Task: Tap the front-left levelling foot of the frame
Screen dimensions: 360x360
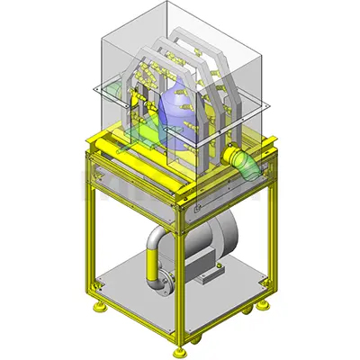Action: pyautogui.click(x=97, y=309)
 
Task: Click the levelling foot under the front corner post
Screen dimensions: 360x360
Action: pyautogui.click(x=179, y=350)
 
